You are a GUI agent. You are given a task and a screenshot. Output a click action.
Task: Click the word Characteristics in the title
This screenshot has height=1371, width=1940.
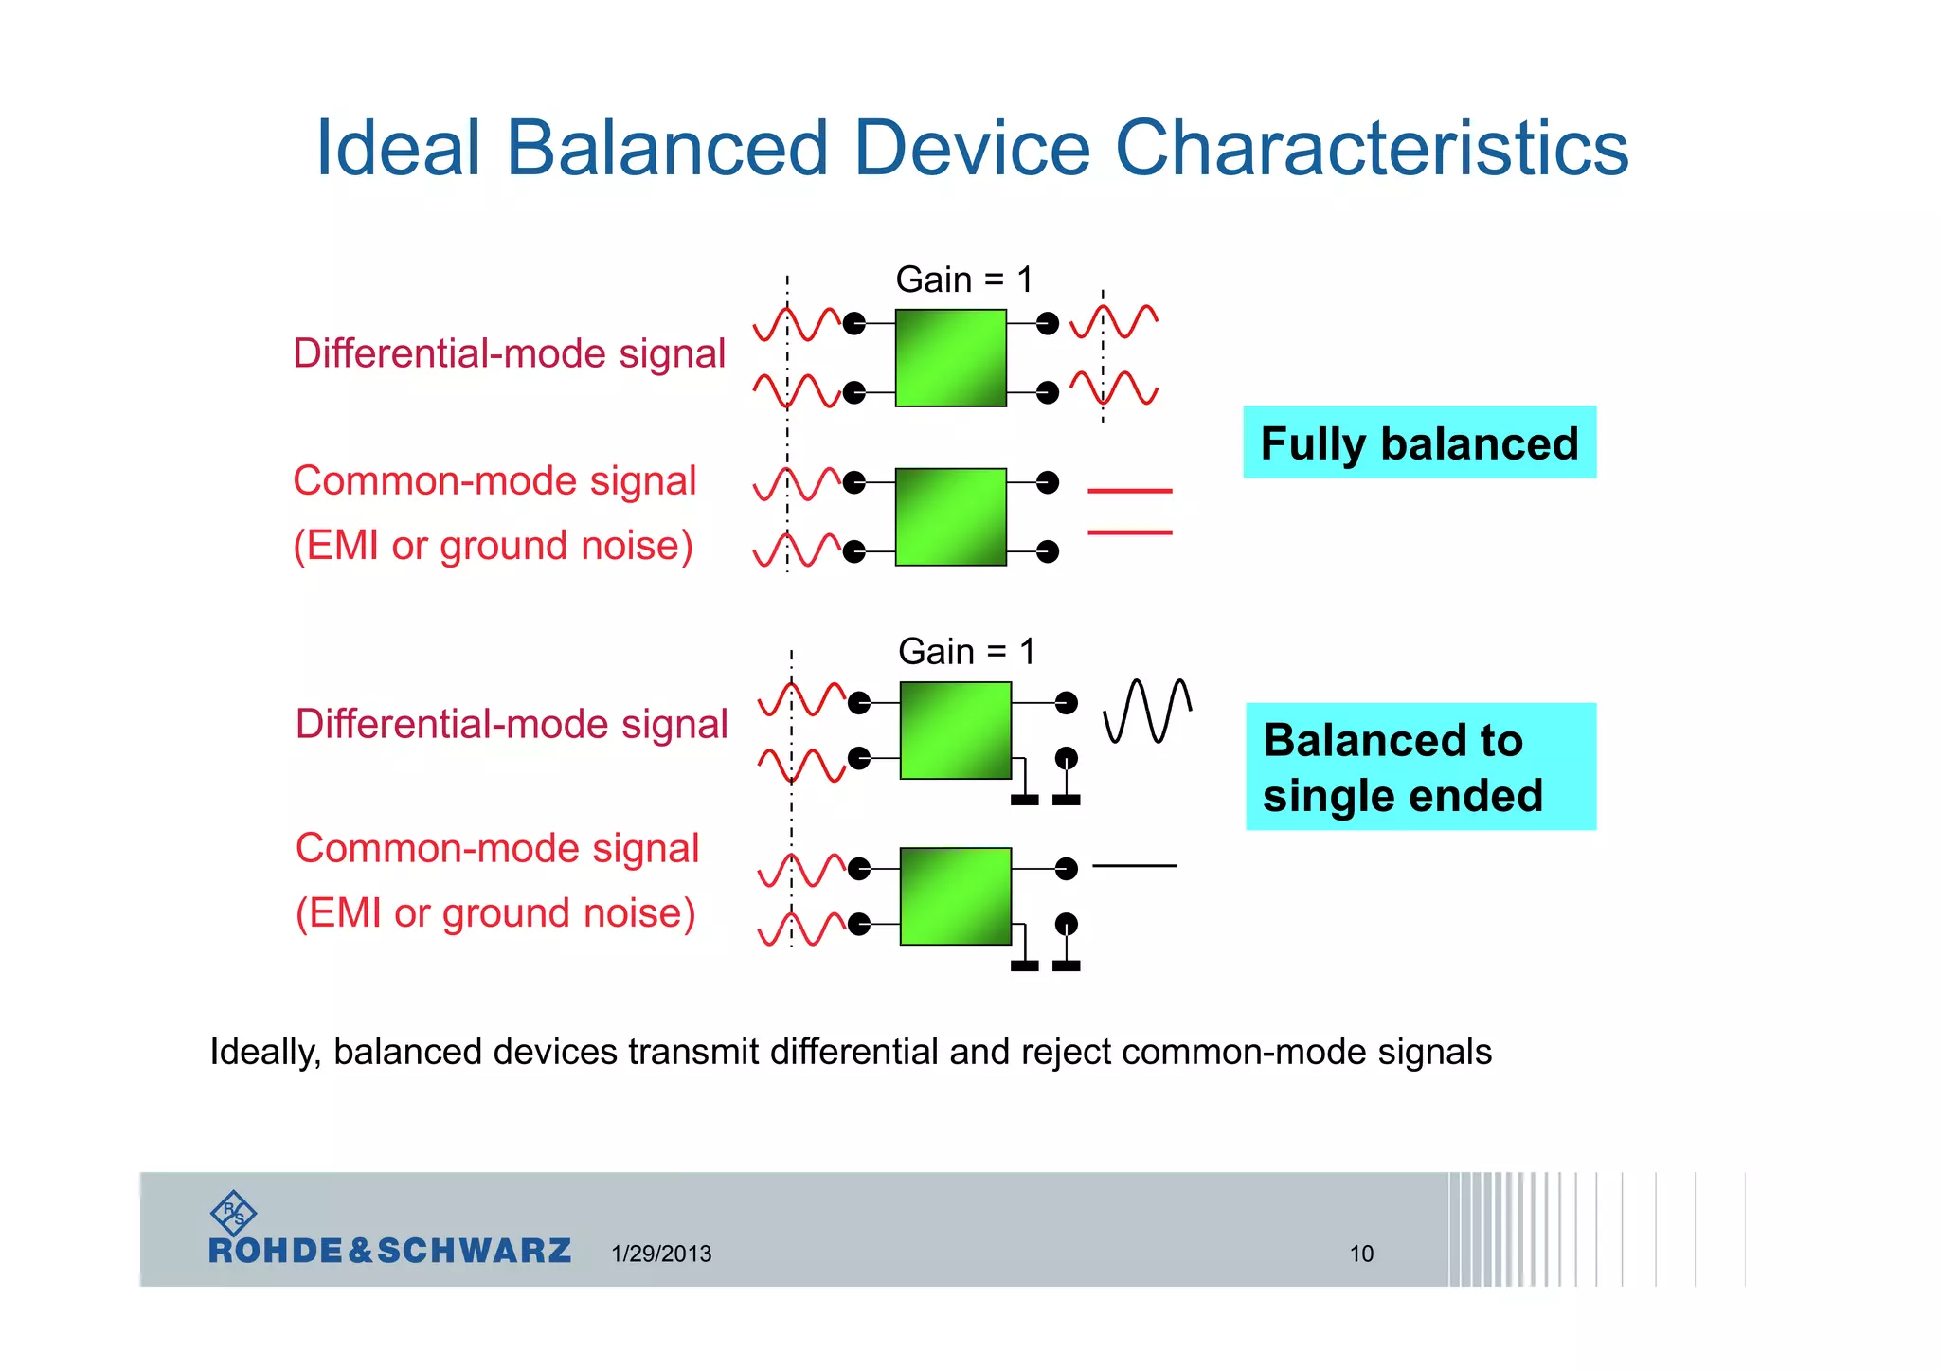pos(1371,149)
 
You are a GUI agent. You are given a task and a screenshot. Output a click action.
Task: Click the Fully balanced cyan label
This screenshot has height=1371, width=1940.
pos(1418,443)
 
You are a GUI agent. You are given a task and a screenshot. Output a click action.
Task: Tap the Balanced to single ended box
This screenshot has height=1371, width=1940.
pos(1419,767)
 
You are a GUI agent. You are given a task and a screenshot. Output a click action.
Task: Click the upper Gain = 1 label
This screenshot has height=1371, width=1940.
pos(963,280)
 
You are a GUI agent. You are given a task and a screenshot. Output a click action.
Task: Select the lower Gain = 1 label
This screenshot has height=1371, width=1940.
pos(966,652)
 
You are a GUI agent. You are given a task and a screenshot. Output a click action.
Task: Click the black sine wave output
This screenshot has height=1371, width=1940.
pos(1147,711)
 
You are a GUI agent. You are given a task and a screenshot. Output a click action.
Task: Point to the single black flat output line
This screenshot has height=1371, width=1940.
pos(1134,866)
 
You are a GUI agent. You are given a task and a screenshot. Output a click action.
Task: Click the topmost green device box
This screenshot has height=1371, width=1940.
pos(950,358)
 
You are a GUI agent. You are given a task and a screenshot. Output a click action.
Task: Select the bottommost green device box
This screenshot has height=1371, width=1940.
pos(955,896)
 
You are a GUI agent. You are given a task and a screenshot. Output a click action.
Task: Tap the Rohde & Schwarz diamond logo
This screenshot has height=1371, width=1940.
pos(232,1212)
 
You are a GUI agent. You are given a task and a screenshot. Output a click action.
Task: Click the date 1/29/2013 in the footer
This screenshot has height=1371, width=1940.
pos(661,1254)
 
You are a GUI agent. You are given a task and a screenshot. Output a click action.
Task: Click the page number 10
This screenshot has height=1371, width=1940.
pos(1361,1254)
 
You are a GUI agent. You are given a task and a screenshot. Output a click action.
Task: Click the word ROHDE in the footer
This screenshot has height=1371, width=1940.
pos(275,1252)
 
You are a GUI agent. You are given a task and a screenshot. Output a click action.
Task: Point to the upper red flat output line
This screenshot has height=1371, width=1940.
pos(1129,491)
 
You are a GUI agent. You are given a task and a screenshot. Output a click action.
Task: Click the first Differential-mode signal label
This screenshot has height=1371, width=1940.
pos(509,353)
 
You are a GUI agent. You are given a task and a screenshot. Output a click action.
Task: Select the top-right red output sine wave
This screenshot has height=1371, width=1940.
pos(1114,322)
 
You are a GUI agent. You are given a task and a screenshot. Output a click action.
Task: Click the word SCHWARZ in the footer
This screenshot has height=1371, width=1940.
pos(474,1252)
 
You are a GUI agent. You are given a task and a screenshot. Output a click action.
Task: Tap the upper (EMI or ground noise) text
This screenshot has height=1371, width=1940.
pos(493,546)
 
